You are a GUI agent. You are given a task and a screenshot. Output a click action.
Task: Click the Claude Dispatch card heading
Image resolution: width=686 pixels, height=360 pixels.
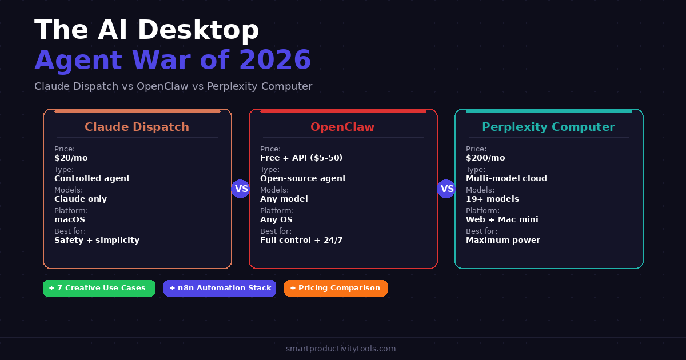[137, 127]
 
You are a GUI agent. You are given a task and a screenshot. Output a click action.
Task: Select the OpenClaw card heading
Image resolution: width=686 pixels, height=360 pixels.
[342, 127]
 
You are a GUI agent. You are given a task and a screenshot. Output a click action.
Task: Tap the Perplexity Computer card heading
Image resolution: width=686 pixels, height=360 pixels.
[548, 127]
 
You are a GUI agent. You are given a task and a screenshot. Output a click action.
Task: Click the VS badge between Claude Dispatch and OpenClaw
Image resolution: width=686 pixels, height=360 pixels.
[241, 189]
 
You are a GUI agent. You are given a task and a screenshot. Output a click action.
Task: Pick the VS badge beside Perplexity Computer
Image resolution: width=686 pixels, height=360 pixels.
[446, 189]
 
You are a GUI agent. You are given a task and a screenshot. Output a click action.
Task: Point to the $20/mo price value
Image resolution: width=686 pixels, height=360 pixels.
[71, 158]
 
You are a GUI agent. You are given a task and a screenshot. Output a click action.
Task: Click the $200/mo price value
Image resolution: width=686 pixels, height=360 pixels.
[485, 158]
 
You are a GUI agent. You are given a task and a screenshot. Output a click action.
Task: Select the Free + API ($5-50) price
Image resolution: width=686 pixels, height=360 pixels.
[301, 158]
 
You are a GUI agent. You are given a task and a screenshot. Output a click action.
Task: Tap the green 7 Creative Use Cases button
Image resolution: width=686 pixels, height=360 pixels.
[99, 288]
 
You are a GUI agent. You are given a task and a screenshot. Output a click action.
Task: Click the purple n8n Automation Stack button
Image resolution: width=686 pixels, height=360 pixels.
[220, 288]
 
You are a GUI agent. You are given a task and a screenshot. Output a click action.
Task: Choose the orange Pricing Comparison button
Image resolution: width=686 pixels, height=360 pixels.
[336, 288]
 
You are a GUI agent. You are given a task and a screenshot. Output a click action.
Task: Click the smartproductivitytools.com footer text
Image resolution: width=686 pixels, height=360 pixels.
[341, 349]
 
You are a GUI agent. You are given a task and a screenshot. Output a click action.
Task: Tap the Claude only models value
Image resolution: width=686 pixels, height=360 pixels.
[81, 199]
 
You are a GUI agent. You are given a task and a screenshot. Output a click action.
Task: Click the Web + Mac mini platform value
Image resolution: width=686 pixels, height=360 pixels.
[502, 219]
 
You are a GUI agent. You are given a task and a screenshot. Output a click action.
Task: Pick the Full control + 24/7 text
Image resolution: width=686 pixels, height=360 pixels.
[301, 240]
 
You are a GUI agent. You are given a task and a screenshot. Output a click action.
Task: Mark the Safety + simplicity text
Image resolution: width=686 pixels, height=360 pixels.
[97, 240]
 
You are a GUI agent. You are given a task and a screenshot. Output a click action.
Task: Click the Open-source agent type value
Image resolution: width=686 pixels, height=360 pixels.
[303, 178]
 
